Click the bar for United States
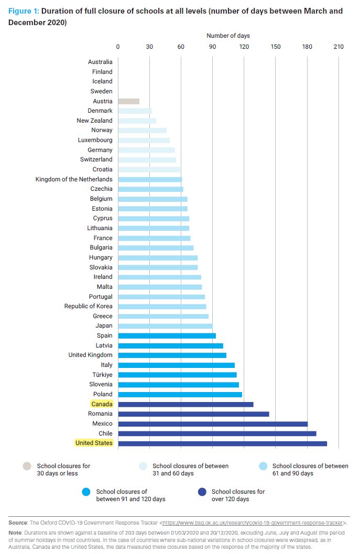point(222,443)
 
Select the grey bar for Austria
point(128,101)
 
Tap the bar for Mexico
point(213,423)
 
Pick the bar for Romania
point(193,414)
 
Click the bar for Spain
point(167,336)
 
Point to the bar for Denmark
point(135,111)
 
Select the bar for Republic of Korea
point(162,307)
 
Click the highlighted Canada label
point(102,404)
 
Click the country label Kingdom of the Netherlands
point(74,179)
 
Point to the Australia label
point(100,62)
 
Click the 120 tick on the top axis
point(244,47)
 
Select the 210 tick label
point(338,47)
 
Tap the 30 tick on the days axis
point(149,47)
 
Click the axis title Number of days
point(228,36)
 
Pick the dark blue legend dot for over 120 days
point(202,492)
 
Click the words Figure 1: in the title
point(24,11)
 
